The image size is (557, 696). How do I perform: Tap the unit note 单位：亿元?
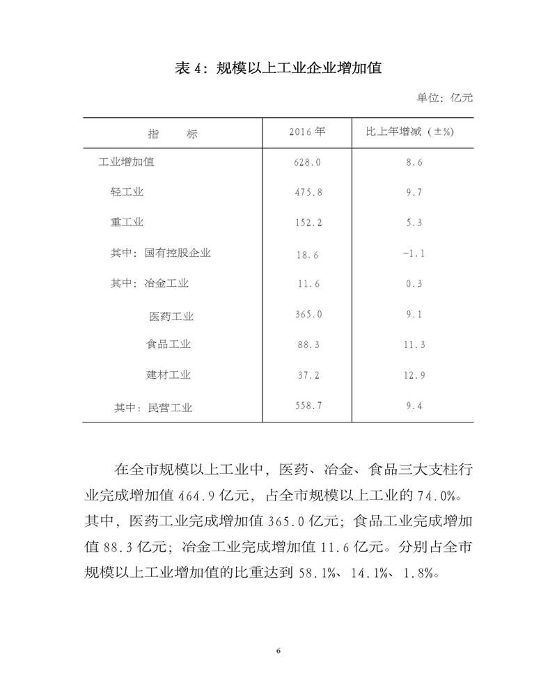(444, 98)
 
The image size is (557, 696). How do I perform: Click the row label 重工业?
(127, 223)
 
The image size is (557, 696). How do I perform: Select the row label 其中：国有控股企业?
(160, 253)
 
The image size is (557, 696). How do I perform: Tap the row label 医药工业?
(171, 317)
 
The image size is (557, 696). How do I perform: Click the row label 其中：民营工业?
(153, 408)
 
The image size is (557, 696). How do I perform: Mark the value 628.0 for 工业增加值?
(306, 163)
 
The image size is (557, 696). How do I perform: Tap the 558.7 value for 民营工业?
(306, 405)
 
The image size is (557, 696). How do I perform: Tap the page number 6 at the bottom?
(278, 651)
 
